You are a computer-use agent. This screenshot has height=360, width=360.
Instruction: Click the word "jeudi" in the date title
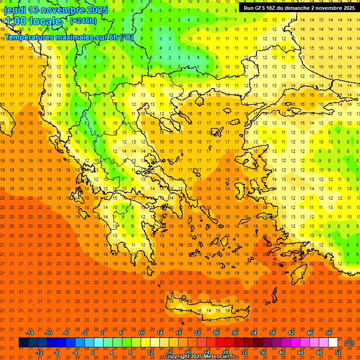(15, 10)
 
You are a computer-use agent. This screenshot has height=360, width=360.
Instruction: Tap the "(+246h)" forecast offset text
(83, 21)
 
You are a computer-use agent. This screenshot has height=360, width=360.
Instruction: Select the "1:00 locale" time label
(33, 21)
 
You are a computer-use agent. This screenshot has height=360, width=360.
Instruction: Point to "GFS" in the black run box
(262, 8)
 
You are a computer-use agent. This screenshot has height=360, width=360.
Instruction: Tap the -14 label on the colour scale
(30, 332)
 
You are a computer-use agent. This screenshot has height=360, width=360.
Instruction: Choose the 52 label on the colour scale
(338, 352)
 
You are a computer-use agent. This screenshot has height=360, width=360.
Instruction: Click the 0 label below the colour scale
(92, 352)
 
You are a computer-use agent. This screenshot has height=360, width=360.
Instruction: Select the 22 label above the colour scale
(197, 332)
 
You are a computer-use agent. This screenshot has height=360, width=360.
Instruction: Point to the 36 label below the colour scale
(263, 352)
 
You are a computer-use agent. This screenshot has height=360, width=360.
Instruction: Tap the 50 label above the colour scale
(329, 332)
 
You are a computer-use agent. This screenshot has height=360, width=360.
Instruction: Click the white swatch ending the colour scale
(333, 343)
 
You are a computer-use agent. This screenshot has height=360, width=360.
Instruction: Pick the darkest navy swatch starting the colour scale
(23, 343)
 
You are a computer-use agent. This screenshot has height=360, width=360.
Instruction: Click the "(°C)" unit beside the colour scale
(349, 343)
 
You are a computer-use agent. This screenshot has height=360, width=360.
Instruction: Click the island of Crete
(202, 309)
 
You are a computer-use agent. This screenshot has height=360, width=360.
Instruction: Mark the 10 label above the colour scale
(141, 332)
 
